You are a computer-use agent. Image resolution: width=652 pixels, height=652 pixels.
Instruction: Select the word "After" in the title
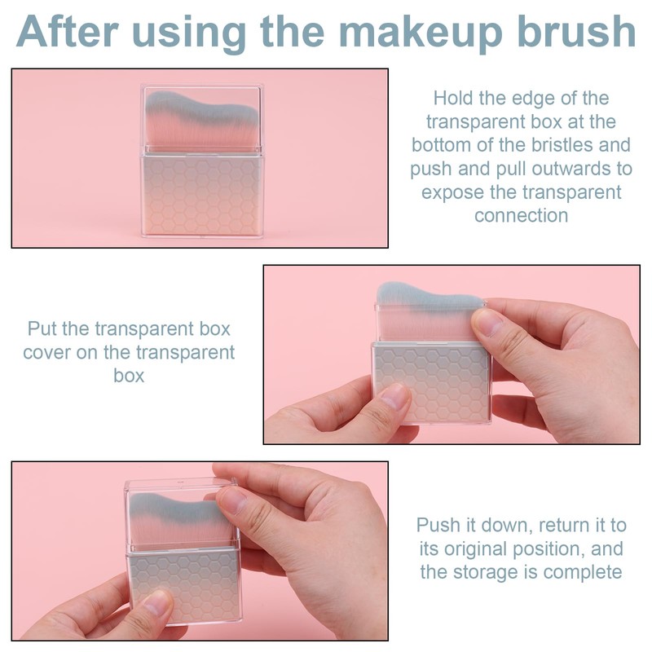coord(68,31)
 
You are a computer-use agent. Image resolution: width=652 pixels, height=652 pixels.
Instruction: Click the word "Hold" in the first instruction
coord(452,98)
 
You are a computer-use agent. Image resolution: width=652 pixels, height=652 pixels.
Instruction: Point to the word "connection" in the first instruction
coord(521,215)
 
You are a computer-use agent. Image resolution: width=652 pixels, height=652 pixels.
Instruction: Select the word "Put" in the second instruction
coord(42,329)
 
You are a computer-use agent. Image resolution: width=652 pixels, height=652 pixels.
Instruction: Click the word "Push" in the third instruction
coord(437,525)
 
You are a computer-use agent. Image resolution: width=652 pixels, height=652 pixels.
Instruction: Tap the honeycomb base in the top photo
coord(201,196)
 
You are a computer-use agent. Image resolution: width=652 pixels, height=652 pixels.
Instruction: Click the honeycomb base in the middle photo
coord(431,381)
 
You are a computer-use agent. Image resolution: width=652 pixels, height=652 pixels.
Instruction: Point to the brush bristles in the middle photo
coord(429,310)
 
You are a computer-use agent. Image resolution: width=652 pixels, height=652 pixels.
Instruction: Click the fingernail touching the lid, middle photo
coord(487,321)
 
